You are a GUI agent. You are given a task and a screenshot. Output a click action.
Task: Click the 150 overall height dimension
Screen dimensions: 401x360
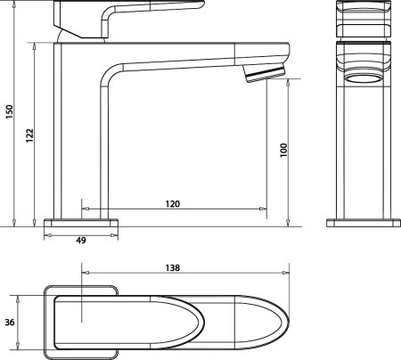[10, 111]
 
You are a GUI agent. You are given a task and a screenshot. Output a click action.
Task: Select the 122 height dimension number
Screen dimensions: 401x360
[29, 135]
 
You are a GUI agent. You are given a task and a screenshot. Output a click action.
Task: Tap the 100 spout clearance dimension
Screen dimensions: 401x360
[284, 150]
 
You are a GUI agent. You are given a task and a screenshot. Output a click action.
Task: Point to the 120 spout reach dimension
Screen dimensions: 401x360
[173, 204]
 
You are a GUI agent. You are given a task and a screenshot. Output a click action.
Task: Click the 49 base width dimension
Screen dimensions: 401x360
[81, 240]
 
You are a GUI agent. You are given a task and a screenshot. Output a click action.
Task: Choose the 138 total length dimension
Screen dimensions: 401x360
[173, 268]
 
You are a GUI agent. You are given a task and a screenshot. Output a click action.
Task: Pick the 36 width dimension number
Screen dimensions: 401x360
[10, 322]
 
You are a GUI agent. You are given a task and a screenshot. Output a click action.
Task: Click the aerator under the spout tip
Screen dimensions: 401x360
[264, 73]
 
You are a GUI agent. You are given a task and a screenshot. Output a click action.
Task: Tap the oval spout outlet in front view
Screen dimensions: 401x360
[364, 78]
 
